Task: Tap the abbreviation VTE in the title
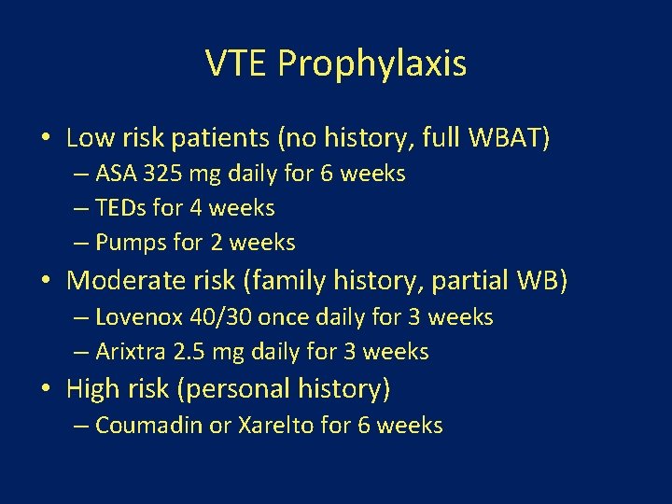(237, 63)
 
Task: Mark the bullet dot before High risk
(45, 387)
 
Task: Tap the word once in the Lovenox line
(286, 317)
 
